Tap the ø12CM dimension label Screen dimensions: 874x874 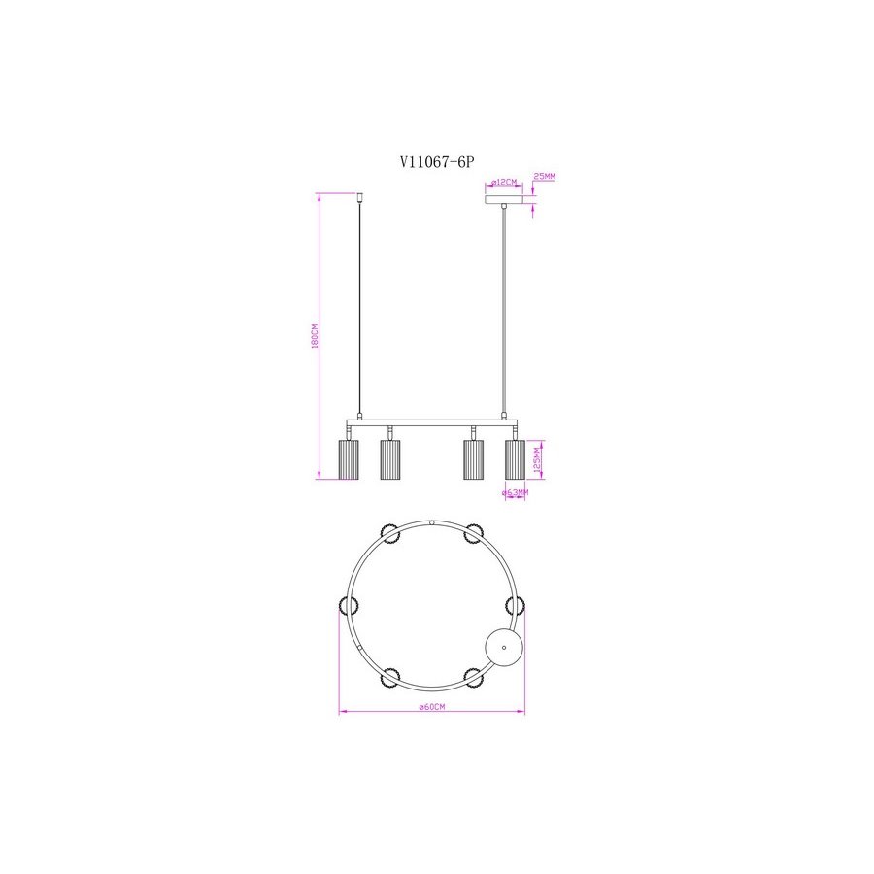pos(504,183)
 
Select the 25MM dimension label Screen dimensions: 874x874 pos(544,176)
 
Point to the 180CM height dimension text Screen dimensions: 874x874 pos(315,336)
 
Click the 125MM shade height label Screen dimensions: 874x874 pos(537,460)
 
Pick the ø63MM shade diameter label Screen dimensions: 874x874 pos(515,492)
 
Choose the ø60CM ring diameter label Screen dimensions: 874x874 pos(432,707)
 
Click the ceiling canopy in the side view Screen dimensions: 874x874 pos(504,199)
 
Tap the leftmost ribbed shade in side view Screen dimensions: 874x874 pos(349,459)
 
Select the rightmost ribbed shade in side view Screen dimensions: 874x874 pos(515,459)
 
